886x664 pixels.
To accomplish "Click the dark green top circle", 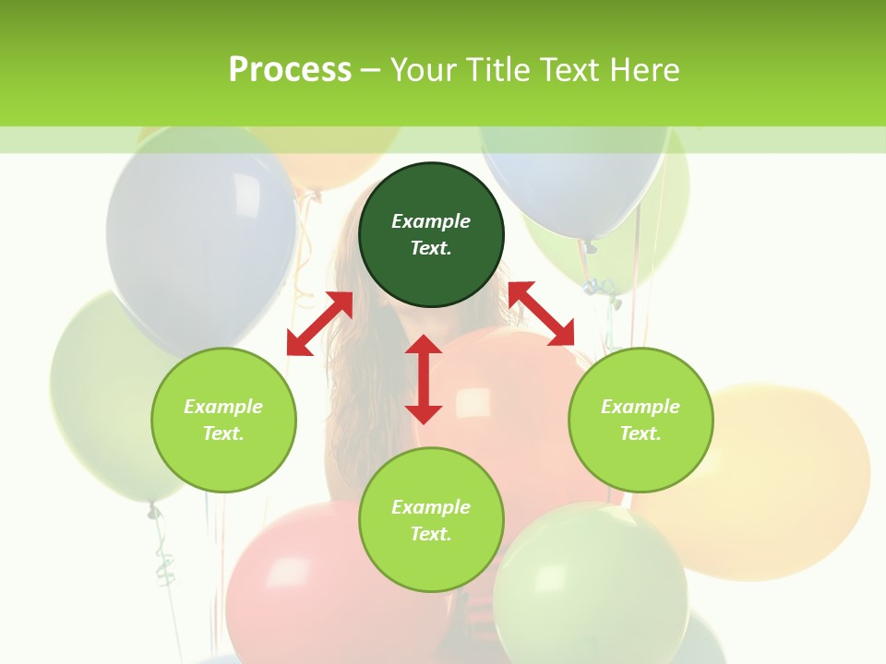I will [431, 235].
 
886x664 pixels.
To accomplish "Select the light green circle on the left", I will [223, 420].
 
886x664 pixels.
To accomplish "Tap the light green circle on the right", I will [641, 420].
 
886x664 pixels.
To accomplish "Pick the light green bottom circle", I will [431, 520].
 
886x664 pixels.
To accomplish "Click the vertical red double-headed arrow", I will [424, 379].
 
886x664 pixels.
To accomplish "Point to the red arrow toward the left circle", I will [319, 324].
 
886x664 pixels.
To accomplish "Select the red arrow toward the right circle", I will [541, 314].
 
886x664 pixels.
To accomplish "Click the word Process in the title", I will [290, 69].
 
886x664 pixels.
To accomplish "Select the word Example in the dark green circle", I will [431, 221].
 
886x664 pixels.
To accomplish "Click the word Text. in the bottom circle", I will [431, 534].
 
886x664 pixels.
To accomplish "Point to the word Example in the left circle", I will [223, 407].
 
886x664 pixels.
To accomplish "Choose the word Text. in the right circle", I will [641, 433].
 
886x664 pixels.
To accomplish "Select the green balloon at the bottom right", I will [591, 590].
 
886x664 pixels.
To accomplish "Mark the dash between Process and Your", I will [371, 70].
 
